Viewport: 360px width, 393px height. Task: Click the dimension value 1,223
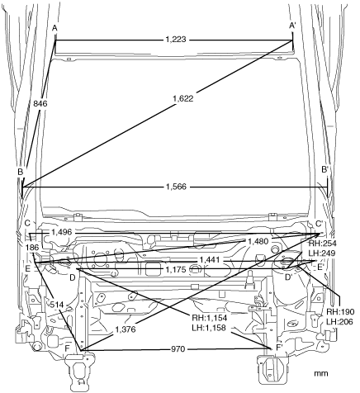pos(176,40)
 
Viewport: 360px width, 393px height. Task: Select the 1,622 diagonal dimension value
pos(183,98)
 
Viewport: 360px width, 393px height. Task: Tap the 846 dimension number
pos(40,103)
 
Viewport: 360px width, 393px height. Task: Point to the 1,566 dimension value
pos(176,187)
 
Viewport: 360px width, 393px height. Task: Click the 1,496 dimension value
pos(61,232)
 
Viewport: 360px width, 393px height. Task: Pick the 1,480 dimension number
pos(258,241)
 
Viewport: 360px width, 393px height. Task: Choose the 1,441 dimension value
pos(210,260)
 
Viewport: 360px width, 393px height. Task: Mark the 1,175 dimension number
pos(176,269)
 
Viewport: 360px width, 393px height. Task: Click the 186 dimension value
pos(32,248)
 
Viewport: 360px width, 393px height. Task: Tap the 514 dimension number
pos(57,305)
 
